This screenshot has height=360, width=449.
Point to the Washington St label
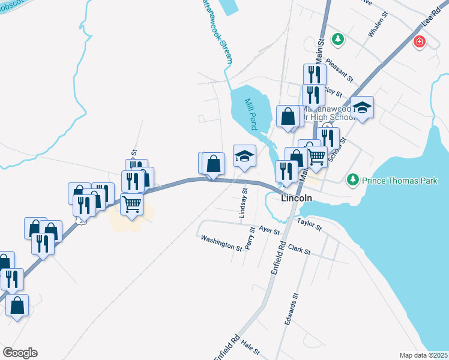[221, 242]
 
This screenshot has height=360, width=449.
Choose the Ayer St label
[270, 230]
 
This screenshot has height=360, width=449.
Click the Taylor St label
[309, 225]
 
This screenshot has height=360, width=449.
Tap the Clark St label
[299, 249]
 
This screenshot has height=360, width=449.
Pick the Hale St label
[250, 347]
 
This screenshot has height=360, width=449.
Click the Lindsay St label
[244, 202]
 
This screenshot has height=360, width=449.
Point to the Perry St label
[251, 238]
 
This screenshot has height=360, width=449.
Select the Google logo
[20, 353]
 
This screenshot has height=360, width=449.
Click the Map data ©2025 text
[423, 355]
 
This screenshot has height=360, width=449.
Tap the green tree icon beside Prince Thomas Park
[353, 180]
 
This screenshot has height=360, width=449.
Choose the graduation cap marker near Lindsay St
[244, 156]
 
